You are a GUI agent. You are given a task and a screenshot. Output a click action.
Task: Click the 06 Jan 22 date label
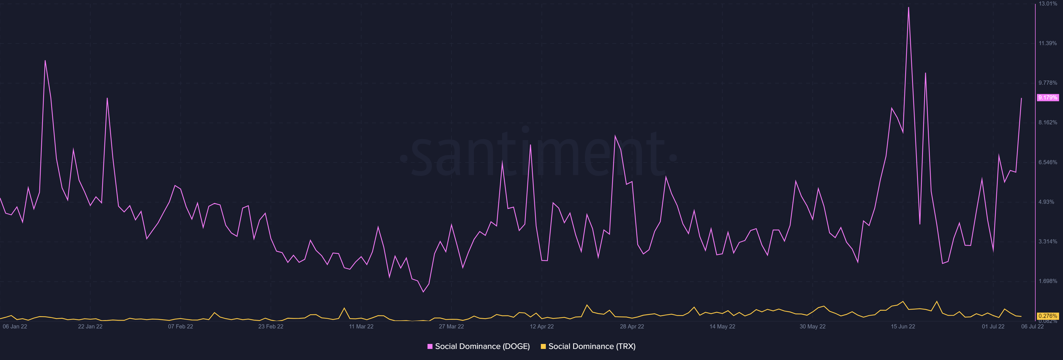15,326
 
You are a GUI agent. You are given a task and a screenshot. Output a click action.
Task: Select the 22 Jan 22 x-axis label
90,326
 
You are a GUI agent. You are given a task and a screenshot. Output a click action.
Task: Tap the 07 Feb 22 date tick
180,326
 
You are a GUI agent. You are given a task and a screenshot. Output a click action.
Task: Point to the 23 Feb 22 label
271,326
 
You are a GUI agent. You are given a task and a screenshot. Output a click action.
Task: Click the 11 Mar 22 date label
361,326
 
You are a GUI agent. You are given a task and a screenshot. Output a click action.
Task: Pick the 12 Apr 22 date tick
541,326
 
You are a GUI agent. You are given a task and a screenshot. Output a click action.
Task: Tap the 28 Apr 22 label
632,326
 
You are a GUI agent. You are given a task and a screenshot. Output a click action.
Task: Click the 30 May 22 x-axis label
812,326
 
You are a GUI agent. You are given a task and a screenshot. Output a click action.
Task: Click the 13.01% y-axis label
1048,4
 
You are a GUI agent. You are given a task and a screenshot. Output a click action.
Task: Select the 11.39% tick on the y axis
1048,43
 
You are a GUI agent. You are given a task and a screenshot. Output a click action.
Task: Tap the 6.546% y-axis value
1048,162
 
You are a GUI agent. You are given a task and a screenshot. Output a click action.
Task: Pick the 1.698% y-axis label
1048,281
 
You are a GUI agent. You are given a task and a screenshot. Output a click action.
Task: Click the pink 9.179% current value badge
1048,98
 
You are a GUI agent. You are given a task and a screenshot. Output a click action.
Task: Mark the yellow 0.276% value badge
1048,316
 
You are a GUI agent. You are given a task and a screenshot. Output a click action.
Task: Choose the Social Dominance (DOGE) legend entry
479,346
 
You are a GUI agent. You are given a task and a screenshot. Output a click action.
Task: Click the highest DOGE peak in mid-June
908,7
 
